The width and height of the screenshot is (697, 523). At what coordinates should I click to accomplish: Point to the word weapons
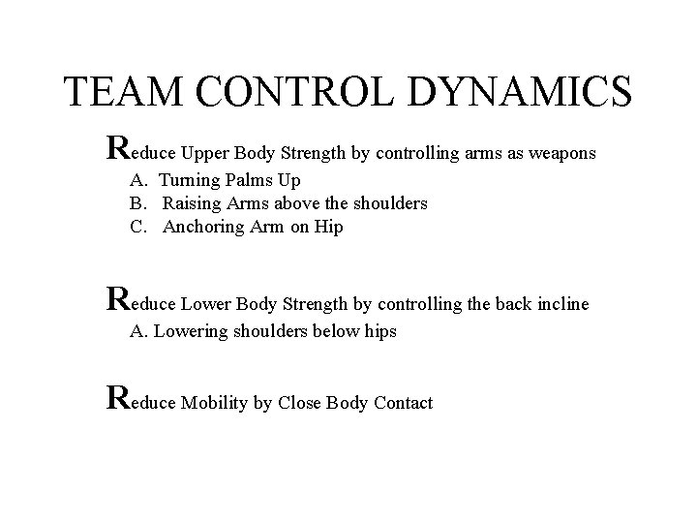(x=560, y=153)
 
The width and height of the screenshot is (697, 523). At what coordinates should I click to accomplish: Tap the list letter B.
(x=136, y=203)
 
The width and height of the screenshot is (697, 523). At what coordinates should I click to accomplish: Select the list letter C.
(x=136, y=227)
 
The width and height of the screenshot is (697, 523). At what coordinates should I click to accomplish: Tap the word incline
(x=557, y=304)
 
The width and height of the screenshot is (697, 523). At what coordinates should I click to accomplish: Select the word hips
(x=378, y=331)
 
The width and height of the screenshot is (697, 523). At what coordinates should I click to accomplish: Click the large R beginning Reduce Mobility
(x=117, y=397)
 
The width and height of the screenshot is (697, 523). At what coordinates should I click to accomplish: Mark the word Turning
(x=190, y=180)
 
